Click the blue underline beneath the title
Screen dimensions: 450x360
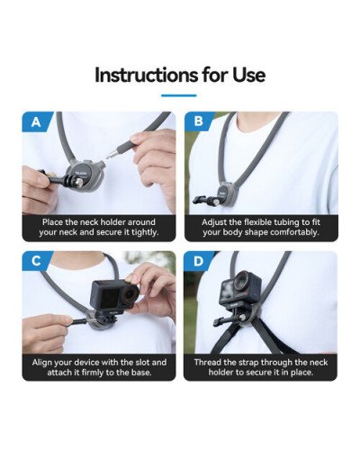coord(179,94)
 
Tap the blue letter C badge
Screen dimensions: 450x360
coord(35,263)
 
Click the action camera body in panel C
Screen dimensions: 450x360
coord(110,297)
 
